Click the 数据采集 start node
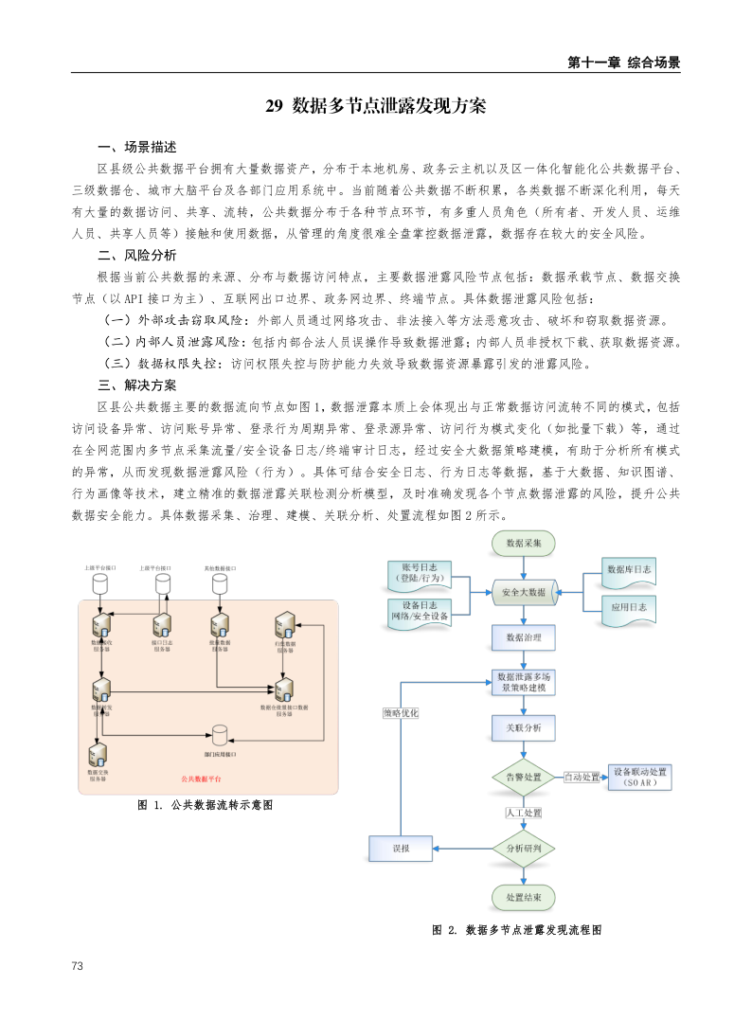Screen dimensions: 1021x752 click(x=523, y=544)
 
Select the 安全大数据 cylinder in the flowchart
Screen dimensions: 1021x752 click(x=523, y=592)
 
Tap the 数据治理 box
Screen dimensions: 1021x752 click(x=523, y=636)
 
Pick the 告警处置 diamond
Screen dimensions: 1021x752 click(x=523, y=777)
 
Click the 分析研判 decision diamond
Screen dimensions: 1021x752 click(x=523, y=849)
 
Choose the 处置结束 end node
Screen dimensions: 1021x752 click(x=523, y=897)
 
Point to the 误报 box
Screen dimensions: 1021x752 click(x=401, y=849)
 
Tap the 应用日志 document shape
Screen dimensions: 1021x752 click(x=629, y=608)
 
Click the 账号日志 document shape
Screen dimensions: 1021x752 click(x=419, y=574)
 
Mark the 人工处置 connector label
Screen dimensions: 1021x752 click(x=523, y=813)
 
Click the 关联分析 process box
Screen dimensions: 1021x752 click(x=523, y=728)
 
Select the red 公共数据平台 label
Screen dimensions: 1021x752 click(x=201, y=779)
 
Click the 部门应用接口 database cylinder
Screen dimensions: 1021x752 click(x=220, y=736)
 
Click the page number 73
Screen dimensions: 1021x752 click(x=78, y=965)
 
